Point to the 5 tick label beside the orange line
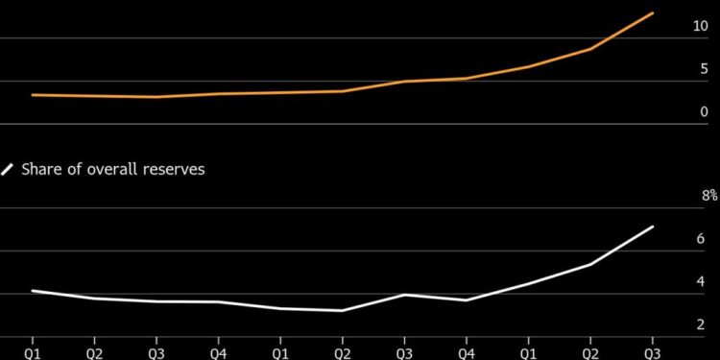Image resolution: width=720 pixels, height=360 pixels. pyautogui.click(x=703, y=69)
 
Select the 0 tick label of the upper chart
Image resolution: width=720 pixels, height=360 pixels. pyautogui.click(x=703, y=112)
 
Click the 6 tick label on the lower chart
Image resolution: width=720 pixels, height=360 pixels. pyautogui.click(x=702, y=239)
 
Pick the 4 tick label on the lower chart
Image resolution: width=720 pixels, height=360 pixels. pyautogui.click(x=702, y=282)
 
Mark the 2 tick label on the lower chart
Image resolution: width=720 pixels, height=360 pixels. pyautogui.click(x=702, y=325)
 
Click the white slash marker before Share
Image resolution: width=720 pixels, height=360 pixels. pyautogui.click(x=8, y=169)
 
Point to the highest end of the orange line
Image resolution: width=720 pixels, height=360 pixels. pyautogui.click(x=653, y=13)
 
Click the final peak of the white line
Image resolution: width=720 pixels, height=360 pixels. pyautogui.click(x=653, y=227)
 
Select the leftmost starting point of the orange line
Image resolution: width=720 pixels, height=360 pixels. pyautogui.click(x=33, y=95)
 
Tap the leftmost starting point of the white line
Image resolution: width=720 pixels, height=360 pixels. pyautogui.click(x=33, y=291)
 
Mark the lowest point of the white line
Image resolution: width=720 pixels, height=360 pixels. pyautogui.click(x=343, y=310)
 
